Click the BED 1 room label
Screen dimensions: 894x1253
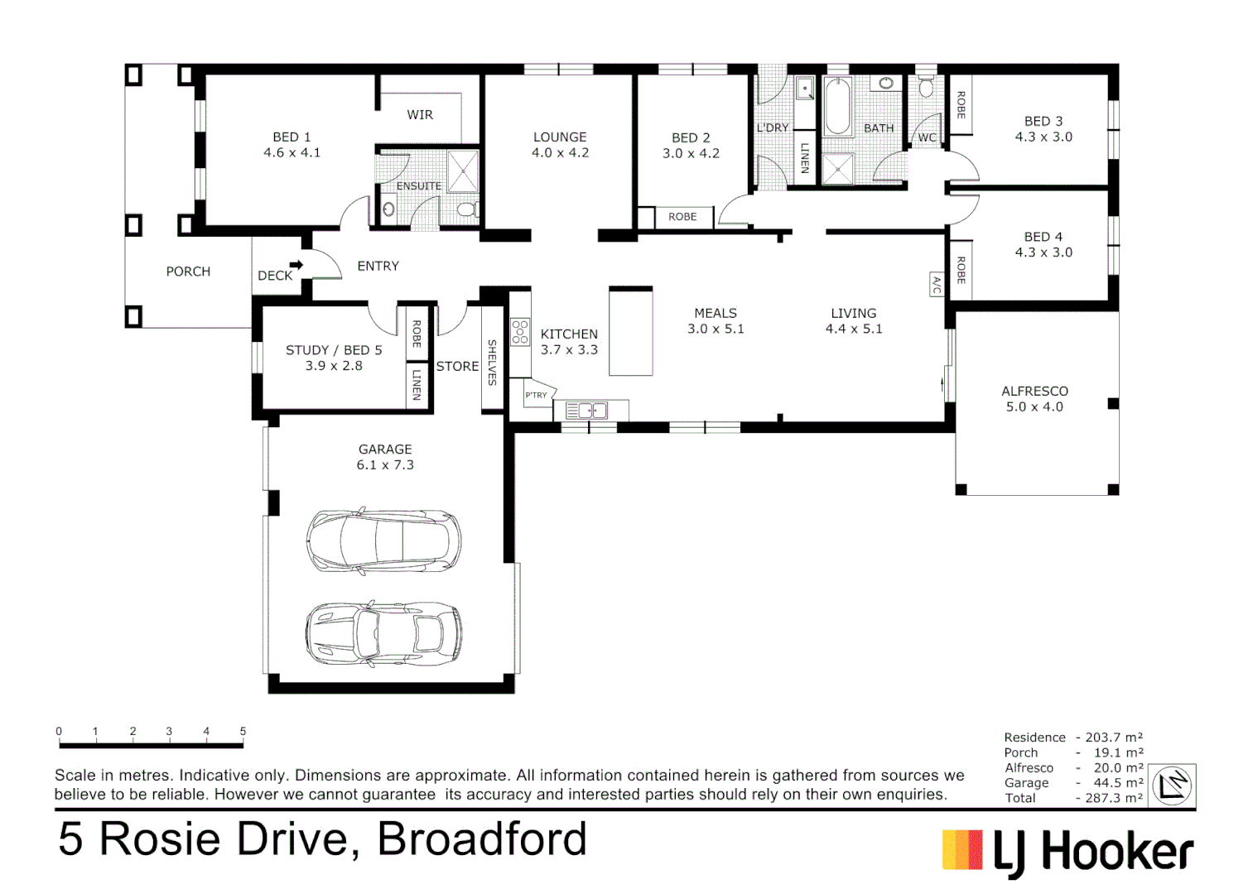click(292, 137)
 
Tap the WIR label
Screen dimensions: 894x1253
click(420, 115)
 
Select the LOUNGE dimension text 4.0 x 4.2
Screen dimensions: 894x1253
click(560, 153)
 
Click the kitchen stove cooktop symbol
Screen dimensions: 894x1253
click(520, 332)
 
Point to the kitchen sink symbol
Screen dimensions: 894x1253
click(586, 411)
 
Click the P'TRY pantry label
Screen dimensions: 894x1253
click(537, 395)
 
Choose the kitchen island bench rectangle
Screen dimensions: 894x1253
click(631, 331)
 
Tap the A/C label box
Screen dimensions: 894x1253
click(937, 285)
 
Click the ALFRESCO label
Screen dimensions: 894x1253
click(1034, 391)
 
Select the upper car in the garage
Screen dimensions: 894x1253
click(383, 541)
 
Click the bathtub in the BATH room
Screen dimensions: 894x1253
click(838, 106)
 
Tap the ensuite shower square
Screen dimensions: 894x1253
click(463, 171)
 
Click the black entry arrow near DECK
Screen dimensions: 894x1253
click(296, 265)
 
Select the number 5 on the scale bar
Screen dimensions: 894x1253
click(243, 731)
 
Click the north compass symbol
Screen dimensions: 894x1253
click(1173, 786)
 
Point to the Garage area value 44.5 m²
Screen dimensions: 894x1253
click(1118, 783)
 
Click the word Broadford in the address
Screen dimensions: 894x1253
click(482, 839)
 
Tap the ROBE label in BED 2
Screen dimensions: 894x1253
click(682, 217)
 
